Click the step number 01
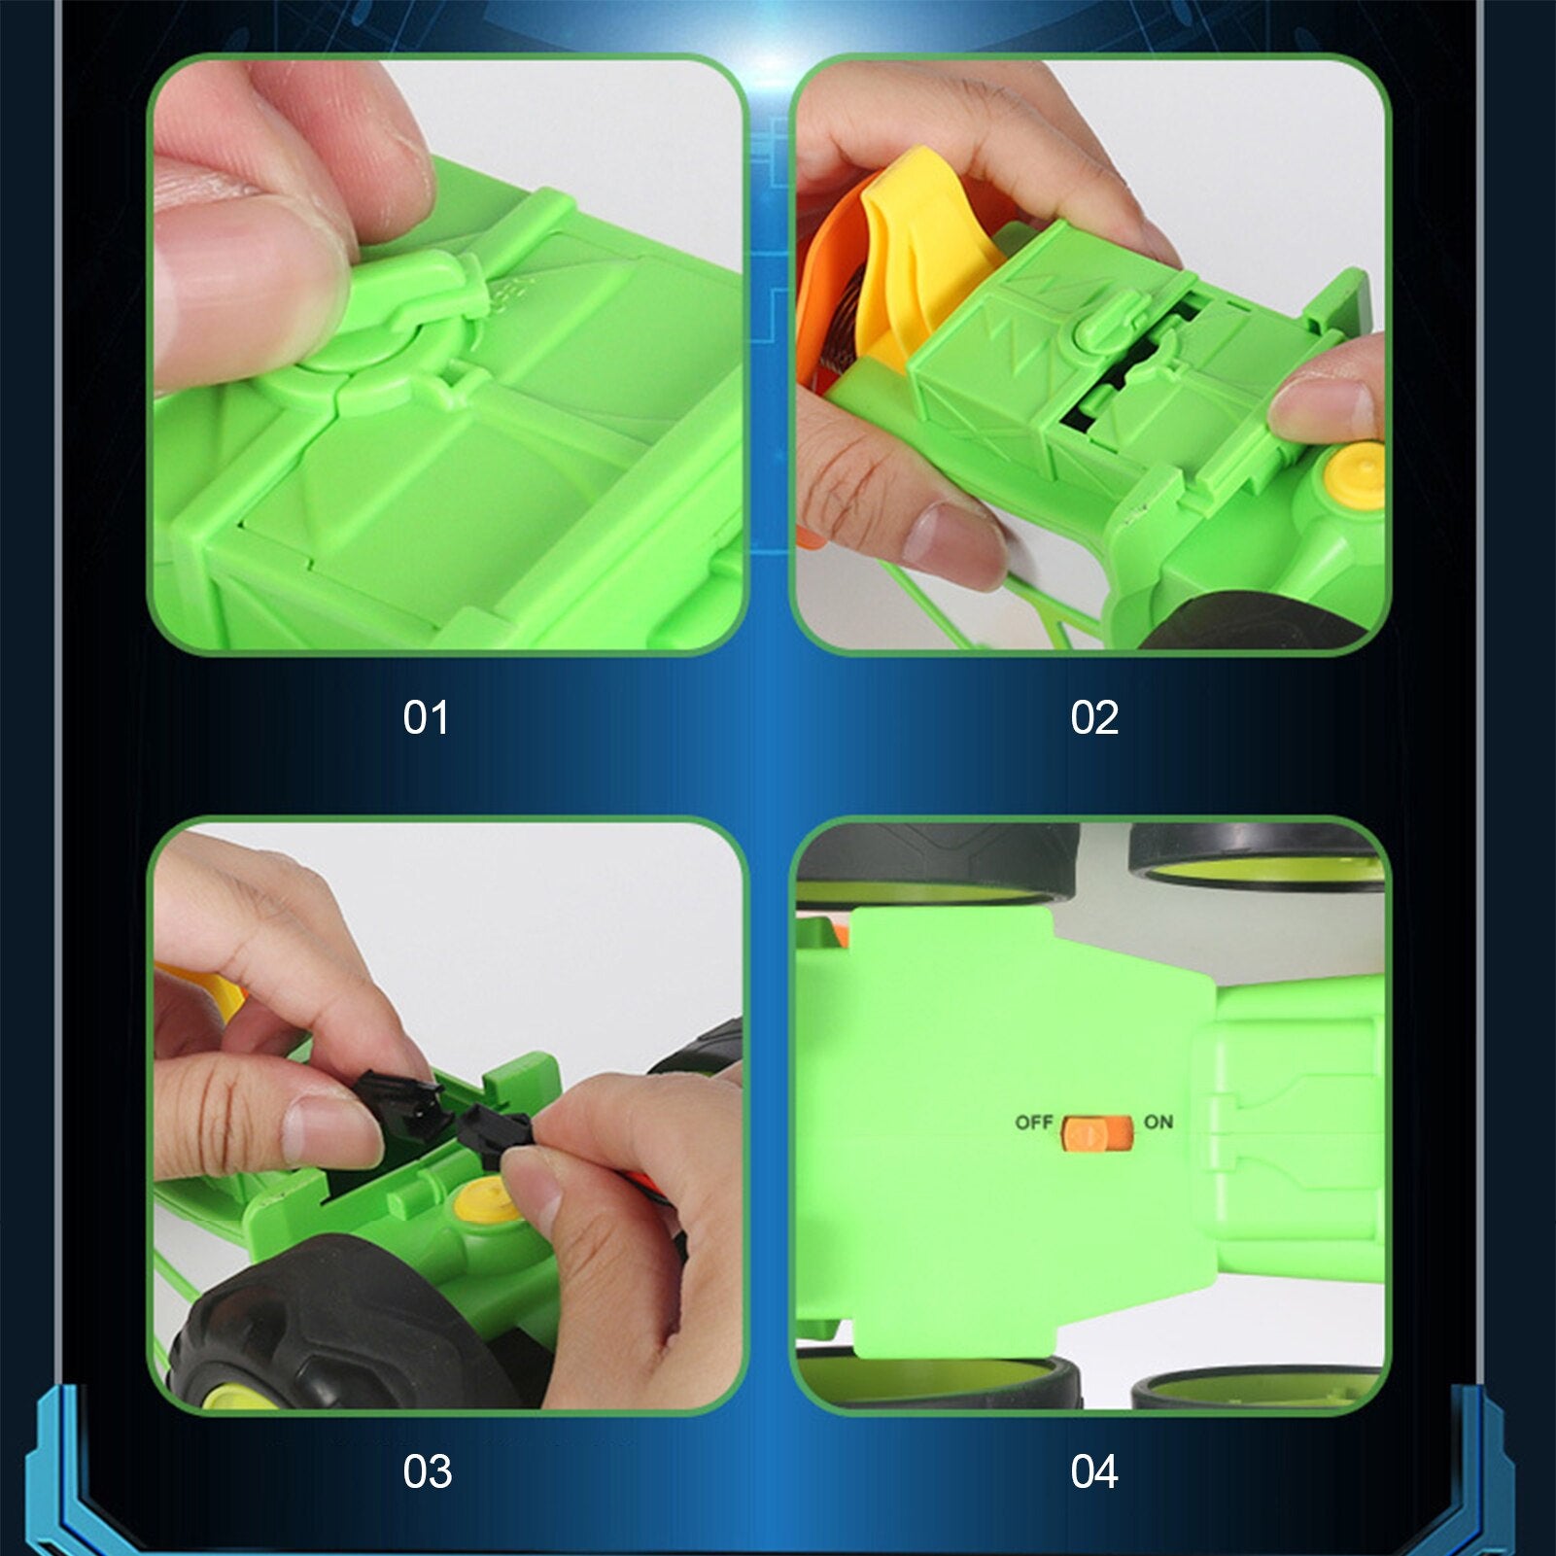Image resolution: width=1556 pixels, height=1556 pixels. pyautogui.click(x=426, y=718)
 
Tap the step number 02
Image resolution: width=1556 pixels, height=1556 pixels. pyautogui.click(x=1094, y=718)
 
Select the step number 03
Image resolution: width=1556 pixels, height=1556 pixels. pyautogui.click(x=427, y=1472)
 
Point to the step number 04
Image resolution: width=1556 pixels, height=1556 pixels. pyautogui.click(x=1094, y=1472)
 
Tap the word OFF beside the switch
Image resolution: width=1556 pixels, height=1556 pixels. pyautogui.click(x=1033, y=1123)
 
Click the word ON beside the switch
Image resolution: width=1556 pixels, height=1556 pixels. pyautogui.click(x=1158, y=1123)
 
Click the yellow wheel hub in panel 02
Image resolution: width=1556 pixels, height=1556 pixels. pyautogui.click(x=1355, y=473)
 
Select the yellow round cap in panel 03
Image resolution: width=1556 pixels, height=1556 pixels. pyautogui.click(x=484, y=1201)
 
